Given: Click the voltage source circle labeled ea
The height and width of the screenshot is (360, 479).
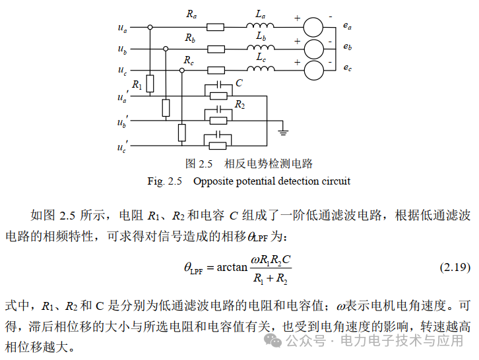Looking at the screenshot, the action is coord(313,27).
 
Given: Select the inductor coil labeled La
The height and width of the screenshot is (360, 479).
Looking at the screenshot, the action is coord(260,25).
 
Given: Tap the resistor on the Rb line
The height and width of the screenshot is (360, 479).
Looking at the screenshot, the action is coord(216,49).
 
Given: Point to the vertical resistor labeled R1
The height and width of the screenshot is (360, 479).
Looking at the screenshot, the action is coord(150,83).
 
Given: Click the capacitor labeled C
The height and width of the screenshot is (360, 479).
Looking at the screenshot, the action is coord(219,84).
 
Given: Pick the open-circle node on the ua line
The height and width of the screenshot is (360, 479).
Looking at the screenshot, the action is coord(150,27).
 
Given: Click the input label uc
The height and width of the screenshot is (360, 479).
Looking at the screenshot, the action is coord(122,71).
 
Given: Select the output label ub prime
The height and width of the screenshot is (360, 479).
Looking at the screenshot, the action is coord(123,121).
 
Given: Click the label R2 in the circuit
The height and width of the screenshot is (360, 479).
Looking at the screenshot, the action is coord(239,105).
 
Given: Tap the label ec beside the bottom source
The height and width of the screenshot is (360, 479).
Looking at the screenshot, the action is coord(347,67).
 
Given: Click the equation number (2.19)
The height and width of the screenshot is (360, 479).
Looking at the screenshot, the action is coord(455,267).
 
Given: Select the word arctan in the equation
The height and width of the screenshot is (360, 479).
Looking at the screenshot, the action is coord(232,267).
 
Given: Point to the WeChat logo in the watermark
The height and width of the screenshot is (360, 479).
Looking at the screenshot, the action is coord(272,340).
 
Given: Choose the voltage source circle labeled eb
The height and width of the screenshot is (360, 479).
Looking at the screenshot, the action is coord(314,49).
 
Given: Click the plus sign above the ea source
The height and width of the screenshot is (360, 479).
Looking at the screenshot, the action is coord(298,18).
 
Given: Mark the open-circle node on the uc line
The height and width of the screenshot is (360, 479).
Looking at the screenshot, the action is coord(181,71).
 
